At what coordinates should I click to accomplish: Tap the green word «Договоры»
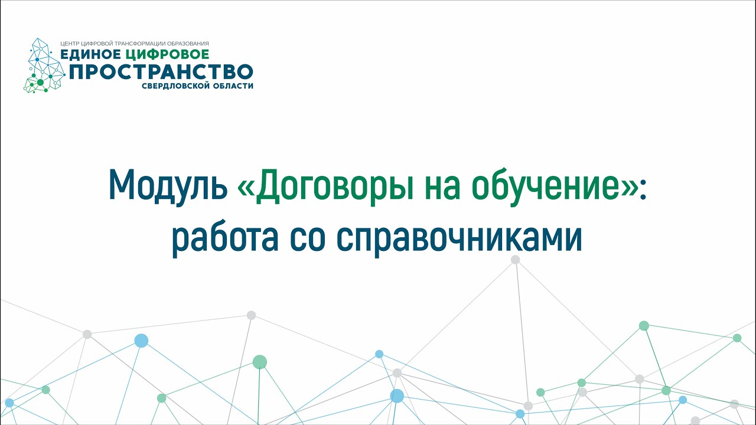click(x=334, y=187)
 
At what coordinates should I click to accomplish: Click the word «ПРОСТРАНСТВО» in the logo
click(x=161, y=71)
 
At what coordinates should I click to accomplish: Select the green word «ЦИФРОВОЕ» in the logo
click(x=167, y=54)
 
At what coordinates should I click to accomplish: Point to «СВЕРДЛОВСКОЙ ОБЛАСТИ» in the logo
click(x=197, y=86)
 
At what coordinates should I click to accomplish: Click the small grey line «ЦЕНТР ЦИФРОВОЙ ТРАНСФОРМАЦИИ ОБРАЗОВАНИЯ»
click(x=135, y=44)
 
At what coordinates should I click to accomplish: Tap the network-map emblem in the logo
click(x=44, y=66)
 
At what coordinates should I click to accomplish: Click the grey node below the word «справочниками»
click(x=516, y=259)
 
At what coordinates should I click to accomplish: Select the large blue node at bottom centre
click(x=397, y=395)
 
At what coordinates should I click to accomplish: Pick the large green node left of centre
click(x=260, y=362)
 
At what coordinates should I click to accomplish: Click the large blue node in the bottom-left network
click(x=141, y=341)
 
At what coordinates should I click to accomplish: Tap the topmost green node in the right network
click(x=644, y=325)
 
